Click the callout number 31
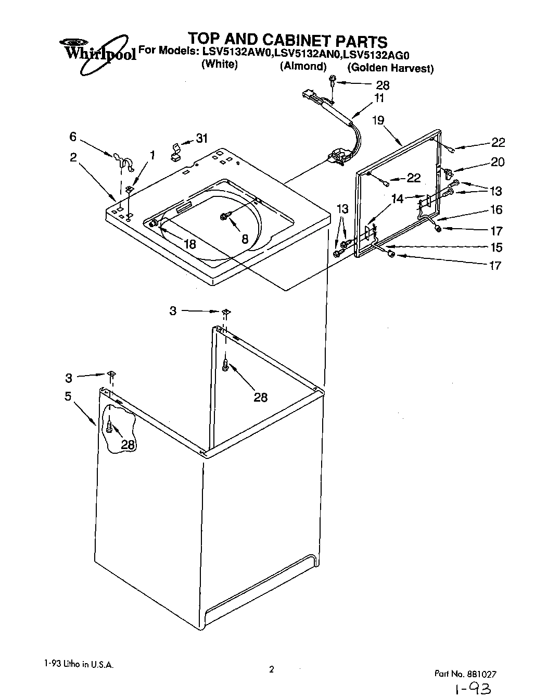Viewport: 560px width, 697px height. (x=201, y=138)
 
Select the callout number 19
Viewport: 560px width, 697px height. (x=378, y=120)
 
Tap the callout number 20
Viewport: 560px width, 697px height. (x=497, y=162)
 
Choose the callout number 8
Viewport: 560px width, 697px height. (x=245, y=239)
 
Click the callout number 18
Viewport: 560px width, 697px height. (x=190, y=243)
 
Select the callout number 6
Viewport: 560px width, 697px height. (x=73, y=136)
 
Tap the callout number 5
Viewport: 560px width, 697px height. (x=68, y=396)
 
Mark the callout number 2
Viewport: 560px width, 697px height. (x=73, y=157)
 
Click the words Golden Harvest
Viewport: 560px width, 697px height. (x=390, y=68)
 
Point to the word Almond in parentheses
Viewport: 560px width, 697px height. (x=303, y=67)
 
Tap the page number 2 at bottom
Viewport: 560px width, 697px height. (x=271, y=670)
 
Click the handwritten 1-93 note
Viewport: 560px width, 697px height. (x=473, y=689)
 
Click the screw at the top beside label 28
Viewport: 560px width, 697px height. (x=333, y=80)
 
